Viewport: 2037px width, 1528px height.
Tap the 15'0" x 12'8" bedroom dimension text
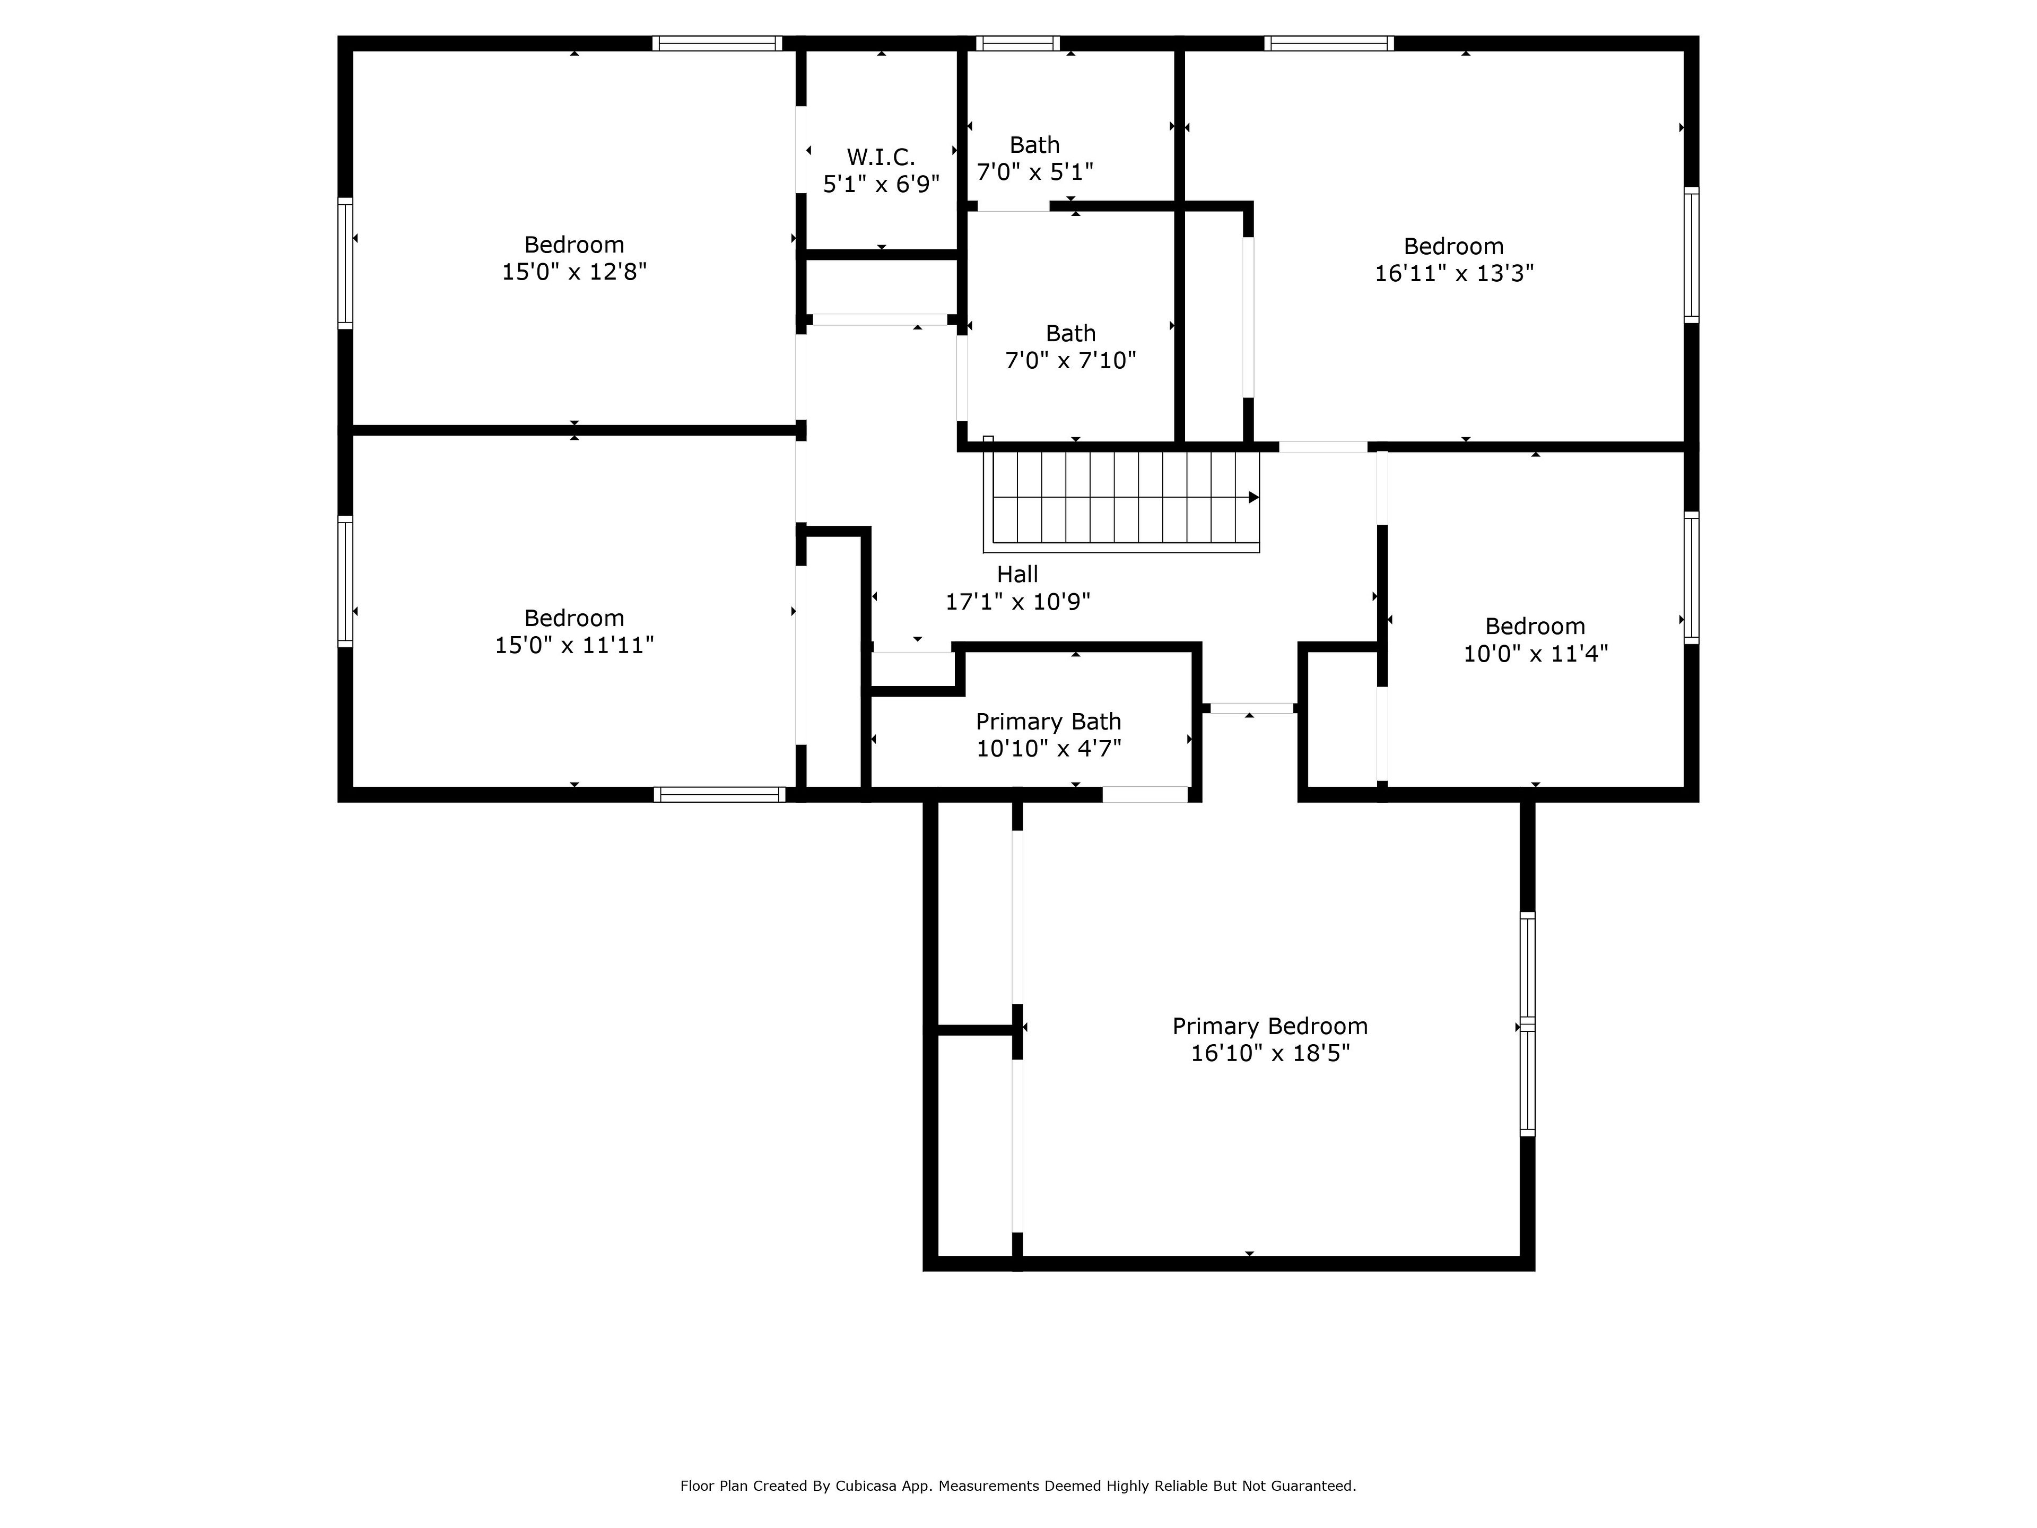574,272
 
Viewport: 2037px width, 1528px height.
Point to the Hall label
1017,574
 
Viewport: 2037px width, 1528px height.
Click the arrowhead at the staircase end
1253,497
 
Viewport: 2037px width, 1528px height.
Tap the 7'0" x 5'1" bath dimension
1035,172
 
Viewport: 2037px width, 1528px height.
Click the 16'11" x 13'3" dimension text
1454,274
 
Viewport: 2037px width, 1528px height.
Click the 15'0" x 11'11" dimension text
574,645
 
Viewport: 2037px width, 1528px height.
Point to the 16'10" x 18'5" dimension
1270,1053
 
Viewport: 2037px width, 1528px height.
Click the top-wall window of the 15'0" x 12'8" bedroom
717,44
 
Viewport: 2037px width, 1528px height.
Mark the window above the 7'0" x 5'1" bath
1017,44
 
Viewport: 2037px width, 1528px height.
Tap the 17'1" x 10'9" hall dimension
1017,602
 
